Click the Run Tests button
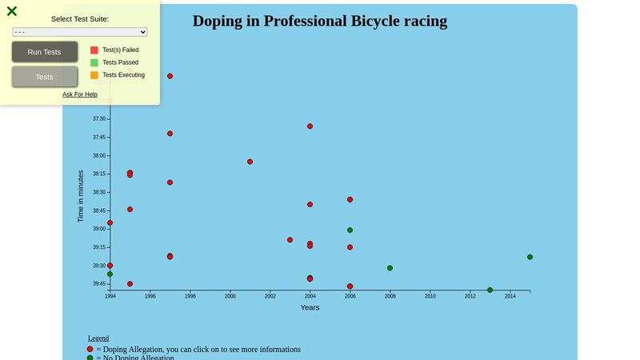tap(44, 52)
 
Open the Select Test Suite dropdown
tap(80, 32)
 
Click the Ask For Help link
tap(80, 94)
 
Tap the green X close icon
tap(12, 11)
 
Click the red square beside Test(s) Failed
tap(94, 50)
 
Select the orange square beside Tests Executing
tap(94, 75)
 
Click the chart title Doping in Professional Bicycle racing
tap(320, 22)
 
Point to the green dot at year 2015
tap(530, 257)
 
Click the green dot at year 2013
tap(490, 290)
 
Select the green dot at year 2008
tap(390, 268)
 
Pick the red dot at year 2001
tap(250, 162)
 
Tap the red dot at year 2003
tap(290, 240)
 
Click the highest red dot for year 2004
tap(310, 126)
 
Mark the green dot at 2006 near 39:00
tap(350, 230)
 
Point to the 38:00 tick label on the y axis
tap(99, 156)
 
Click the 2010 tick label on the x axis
tap(430, 296)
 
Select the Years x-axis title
tap(310, 307)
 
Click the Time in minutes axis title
tap(81, 196)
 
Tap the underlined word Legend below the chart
tap(98, 338)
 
